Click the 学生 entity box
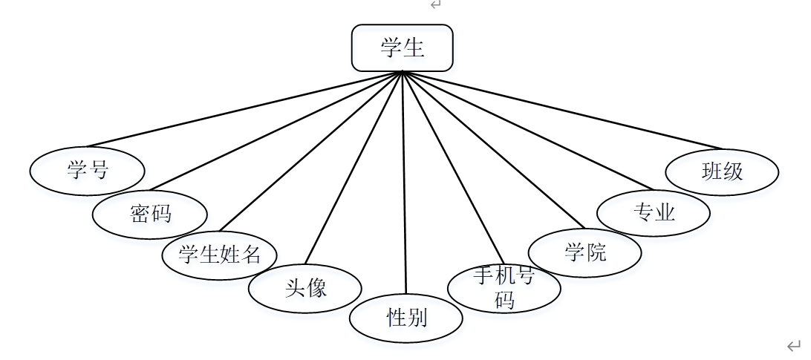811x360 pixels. (402, 48)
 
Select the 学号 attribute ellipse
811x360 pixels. (87, 171)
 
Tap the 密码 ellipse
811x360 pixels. (149, 215)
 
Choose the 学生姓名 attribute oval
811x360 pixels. (220, 255)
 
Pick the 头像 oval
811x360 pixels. (305, 288)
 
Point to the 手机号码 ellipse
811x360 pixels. (504, 287)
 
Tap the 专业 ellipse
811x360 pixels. (654, 213)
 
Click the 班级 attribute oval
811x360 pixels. (722, 172)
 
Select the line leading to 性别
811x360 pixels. (404, 182)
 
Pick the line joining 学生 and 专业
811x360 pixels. (527, 131)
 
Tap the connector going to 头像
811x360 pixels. (354, 168)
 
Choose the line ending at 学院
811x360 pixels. (493, 149)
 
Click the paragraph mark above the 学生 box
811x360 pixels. (436, 4)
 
